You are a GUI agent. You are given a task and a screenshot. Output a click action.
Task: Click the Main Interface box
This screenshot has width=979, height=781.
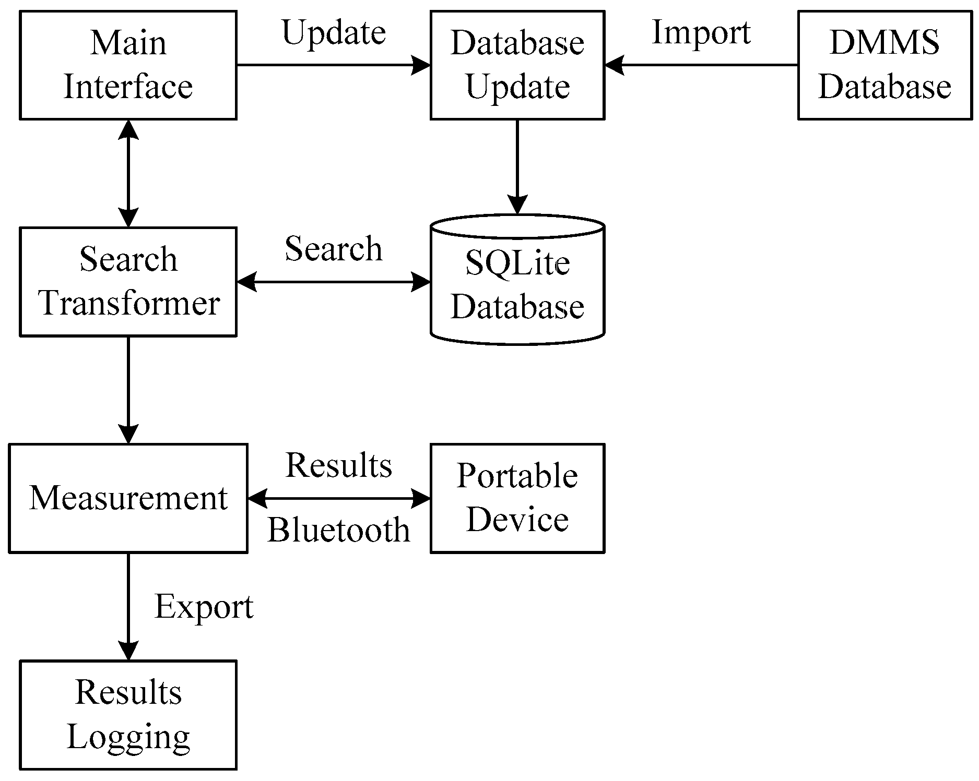pos(128,65)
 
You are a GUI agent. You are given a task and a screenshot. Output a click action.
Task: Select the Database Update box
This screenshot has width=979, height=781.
pos(517,65)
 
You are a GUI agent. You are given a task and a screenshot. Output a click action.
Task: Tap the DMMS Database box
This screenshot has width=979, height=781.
pos(884,65)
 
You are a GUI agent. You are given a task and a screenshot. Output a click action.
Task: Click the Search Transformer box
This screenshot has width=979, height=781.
pos(128,282)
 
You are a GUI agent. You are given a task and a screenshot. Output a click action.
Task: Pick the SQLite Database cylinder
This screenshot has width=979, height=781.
pos(517,284)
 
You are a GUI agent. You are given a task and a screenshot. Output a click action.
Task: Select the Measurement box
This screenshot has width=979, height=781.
pos(128,498)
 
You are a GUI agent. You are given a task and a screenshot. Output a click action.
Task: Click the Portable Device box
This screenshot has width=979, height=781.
pos(517,498)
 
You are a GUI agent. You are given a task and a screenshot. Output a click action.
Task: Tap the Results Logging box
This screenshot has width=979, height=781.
pos(128,715)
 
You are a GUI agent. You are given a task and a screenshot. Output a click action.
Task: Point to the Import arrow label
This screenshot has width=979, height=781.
pos(701,32)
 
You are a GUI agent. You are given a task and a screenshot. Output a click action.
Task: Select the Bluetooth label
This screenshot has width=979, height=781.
pos(338,531)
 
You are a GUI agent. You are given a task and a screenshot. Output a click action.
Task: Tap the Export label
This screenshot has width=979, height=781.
pos(204,608)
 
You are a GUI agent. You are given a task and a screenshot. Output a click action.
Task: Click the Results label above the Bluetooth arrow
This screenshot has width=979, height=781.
pos(338,465)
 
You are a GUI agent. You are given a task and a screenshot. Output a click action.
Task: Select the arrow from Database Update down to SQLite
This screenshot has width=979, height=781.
pos(517,162)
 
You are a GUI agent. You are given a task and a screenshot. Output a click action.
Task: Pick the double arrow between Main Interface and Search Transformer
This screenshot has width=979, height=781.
pos(128,173)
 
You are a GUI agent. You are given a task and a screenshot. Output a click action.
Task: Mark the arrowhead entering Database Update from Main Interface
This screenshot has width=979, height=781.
pos(421,66)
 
